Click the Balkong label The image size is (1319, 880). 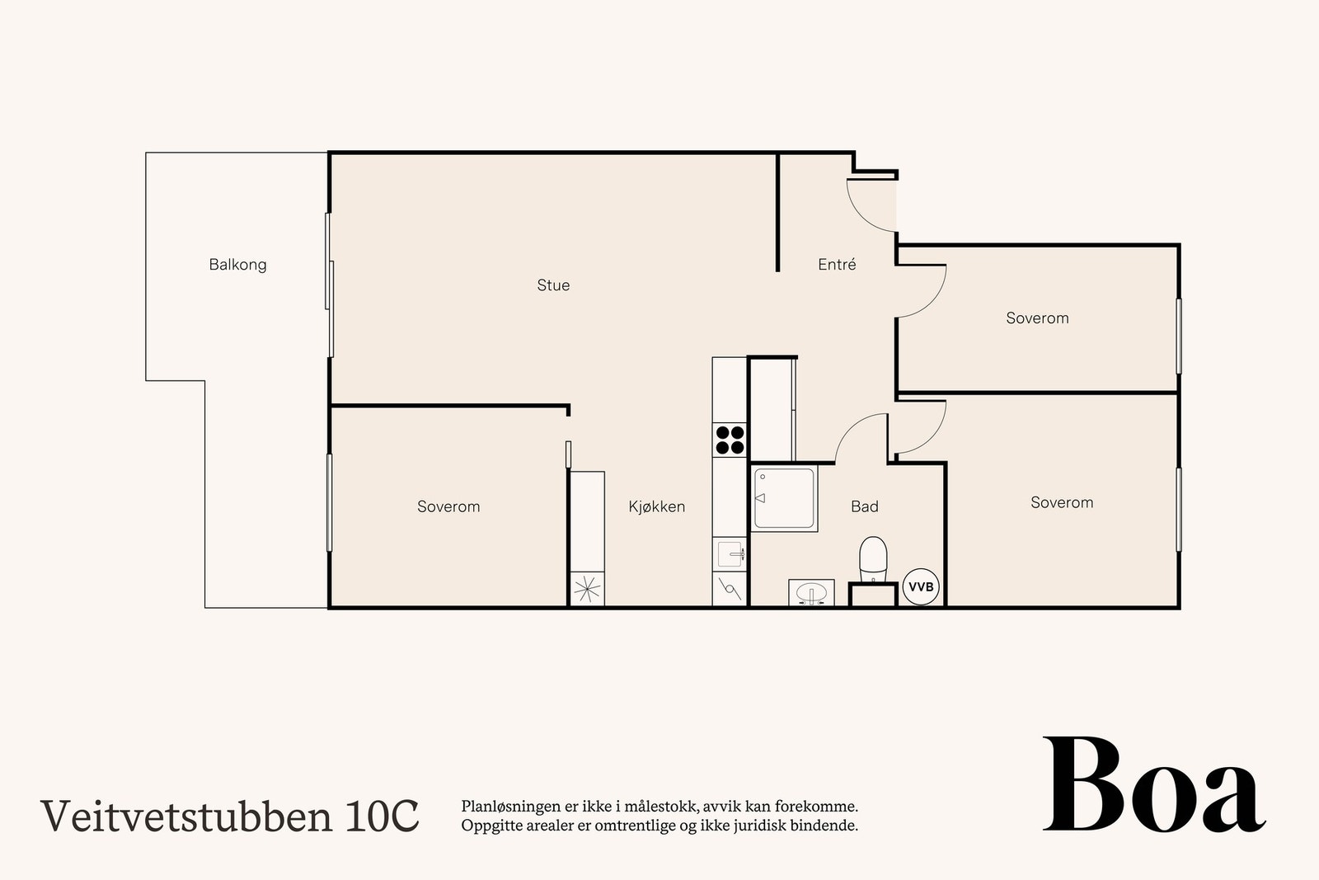tap(237, 265)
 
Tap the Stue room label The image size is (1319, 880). tap(553, 285)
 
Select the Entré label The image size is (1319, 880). tap(837, 265)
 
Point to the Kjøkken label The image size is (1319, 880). tap(656, 506)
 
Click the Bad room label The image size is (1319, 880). tap(864, 506)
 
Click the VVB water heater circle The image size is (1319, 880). tap(921, 587)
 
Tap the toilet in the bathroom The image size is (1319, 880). tap(872, 558)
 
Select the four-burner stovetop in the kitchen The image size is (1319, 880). tap(730, 440)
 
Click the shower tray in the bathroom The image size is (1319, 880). tap(784, 497)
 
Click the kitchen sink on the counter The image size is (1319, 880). tap(730, 553)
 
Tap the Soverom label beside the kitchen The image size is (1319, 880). tap(448, 506)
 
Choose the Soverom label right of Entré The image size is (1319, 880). tap(1037, 318)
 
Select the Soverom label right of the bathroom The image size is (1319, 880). tap(1062, 502)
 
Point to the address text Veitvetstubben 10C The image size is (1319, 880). tap(230, 816)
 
